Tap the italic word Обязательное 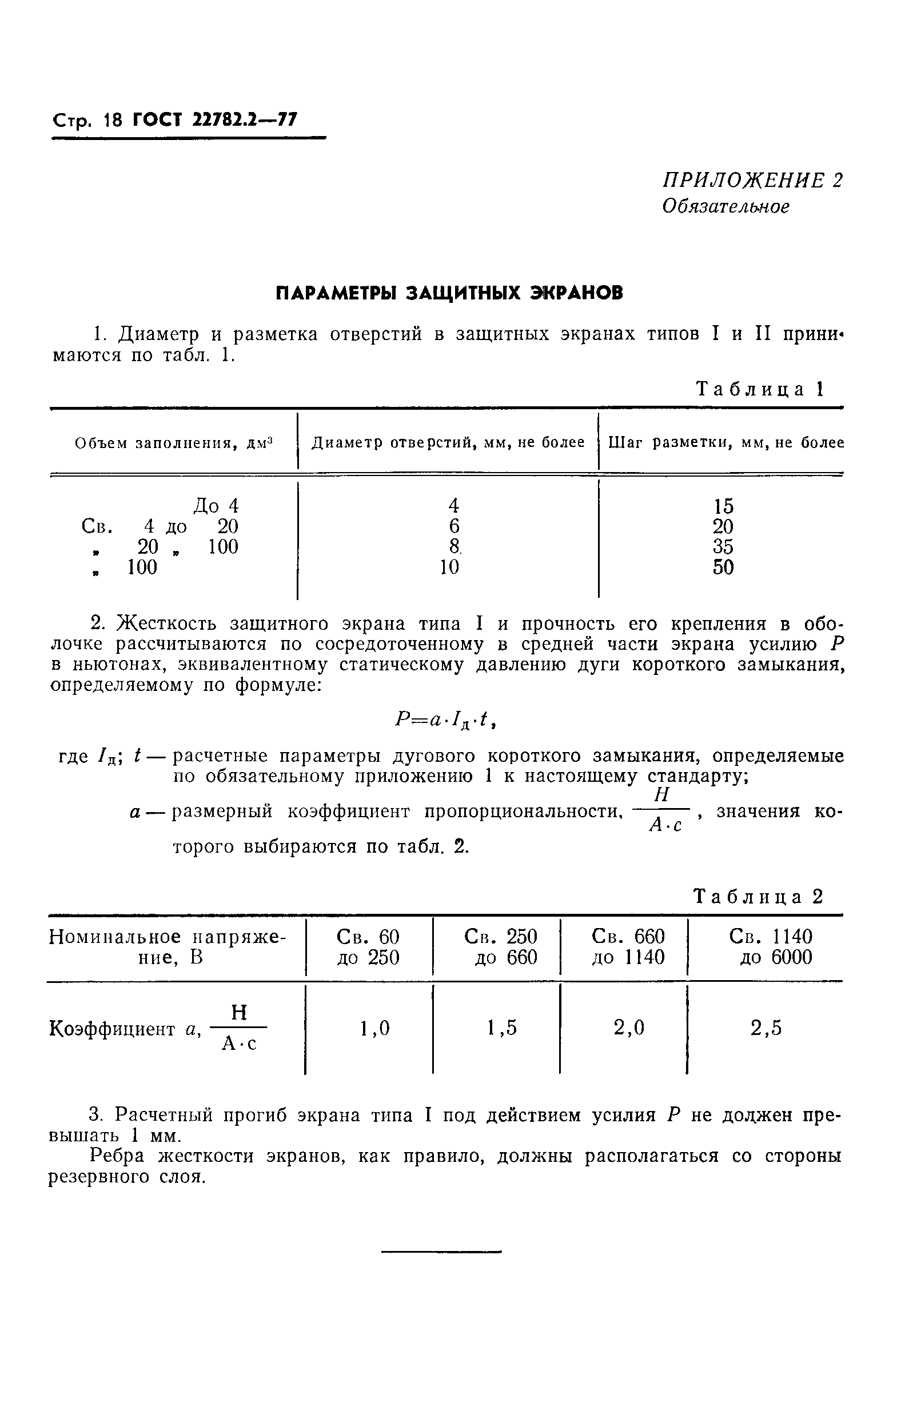pos(726,206)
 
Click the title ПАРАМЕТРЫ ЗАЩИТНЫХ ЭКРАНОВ pos(450,293)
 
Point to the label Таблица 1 pos(760,389)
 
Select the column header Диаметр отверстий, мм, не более pos(448,443)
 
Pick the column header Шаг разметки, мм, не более pos(726,443)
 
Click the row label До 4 pos(216,506)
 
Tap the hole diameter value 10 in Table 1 pos(449,567)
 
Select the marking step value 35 pos(723,546)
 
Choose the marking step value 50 pos(723,567)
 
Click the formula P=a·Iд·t pos(449,721)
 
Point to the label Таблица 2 pos(758,897)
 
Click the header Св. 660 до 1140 pos(628,947)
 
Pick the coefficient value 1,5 pos(502,1028)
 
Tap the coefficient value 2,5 pos(766,1028)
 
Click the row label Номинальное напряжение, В pos(168,947)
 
